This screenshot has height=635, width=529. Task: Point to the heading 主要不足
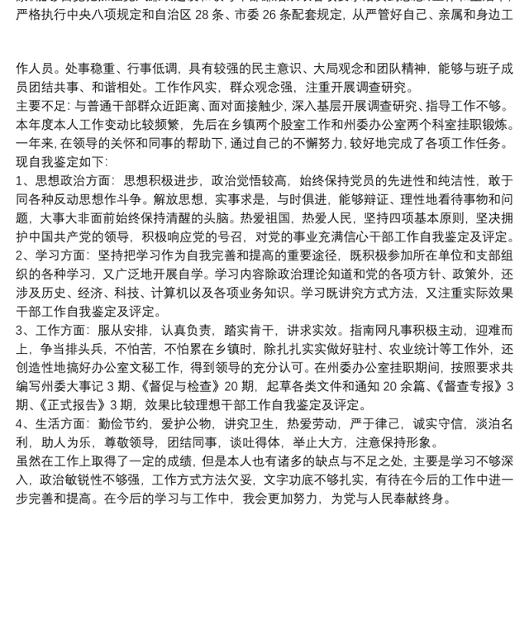coord(44,106)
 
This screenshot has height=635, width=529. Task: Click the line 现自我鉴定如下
coord(62,161)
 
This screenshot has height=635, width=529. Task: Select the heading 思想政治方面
coord(70,180)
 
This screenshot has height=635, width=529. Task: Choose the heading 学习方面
coord(58,255)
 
